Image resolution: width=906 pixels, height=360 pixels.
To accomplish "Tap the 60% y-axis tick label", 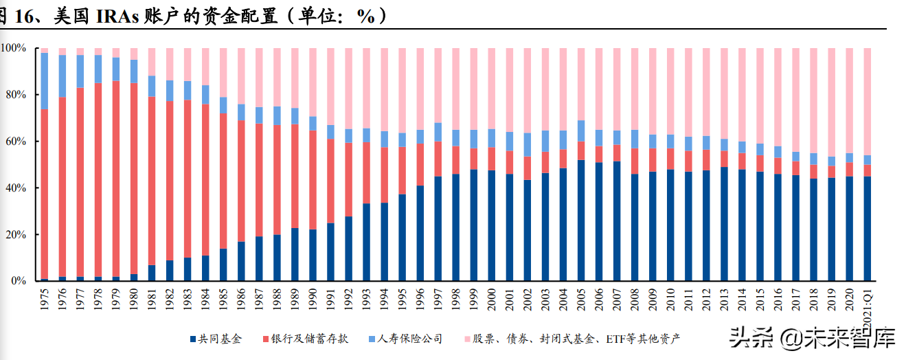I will (15, 142).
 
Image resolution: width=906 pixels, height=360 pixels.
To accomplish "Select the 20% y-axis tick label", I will (15, 235).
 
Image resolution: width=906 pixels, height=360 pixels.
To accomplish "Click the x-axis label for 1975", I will (45, 302).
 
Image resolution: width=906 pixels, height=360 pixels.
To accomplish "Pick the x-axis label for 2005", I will (581, 302).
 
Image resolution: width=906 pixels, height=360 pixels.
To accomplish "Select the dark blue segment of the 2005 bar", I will (581, 220).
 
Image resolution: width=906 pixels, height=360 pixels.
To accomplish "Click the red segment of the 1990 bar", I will (313, 179).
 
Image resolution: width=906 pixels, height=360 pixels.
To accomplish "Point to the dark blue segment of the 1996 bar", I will (420, 234).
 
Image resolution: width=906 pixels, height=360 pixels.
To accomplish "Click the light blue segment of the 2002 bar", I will (528, 144).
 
